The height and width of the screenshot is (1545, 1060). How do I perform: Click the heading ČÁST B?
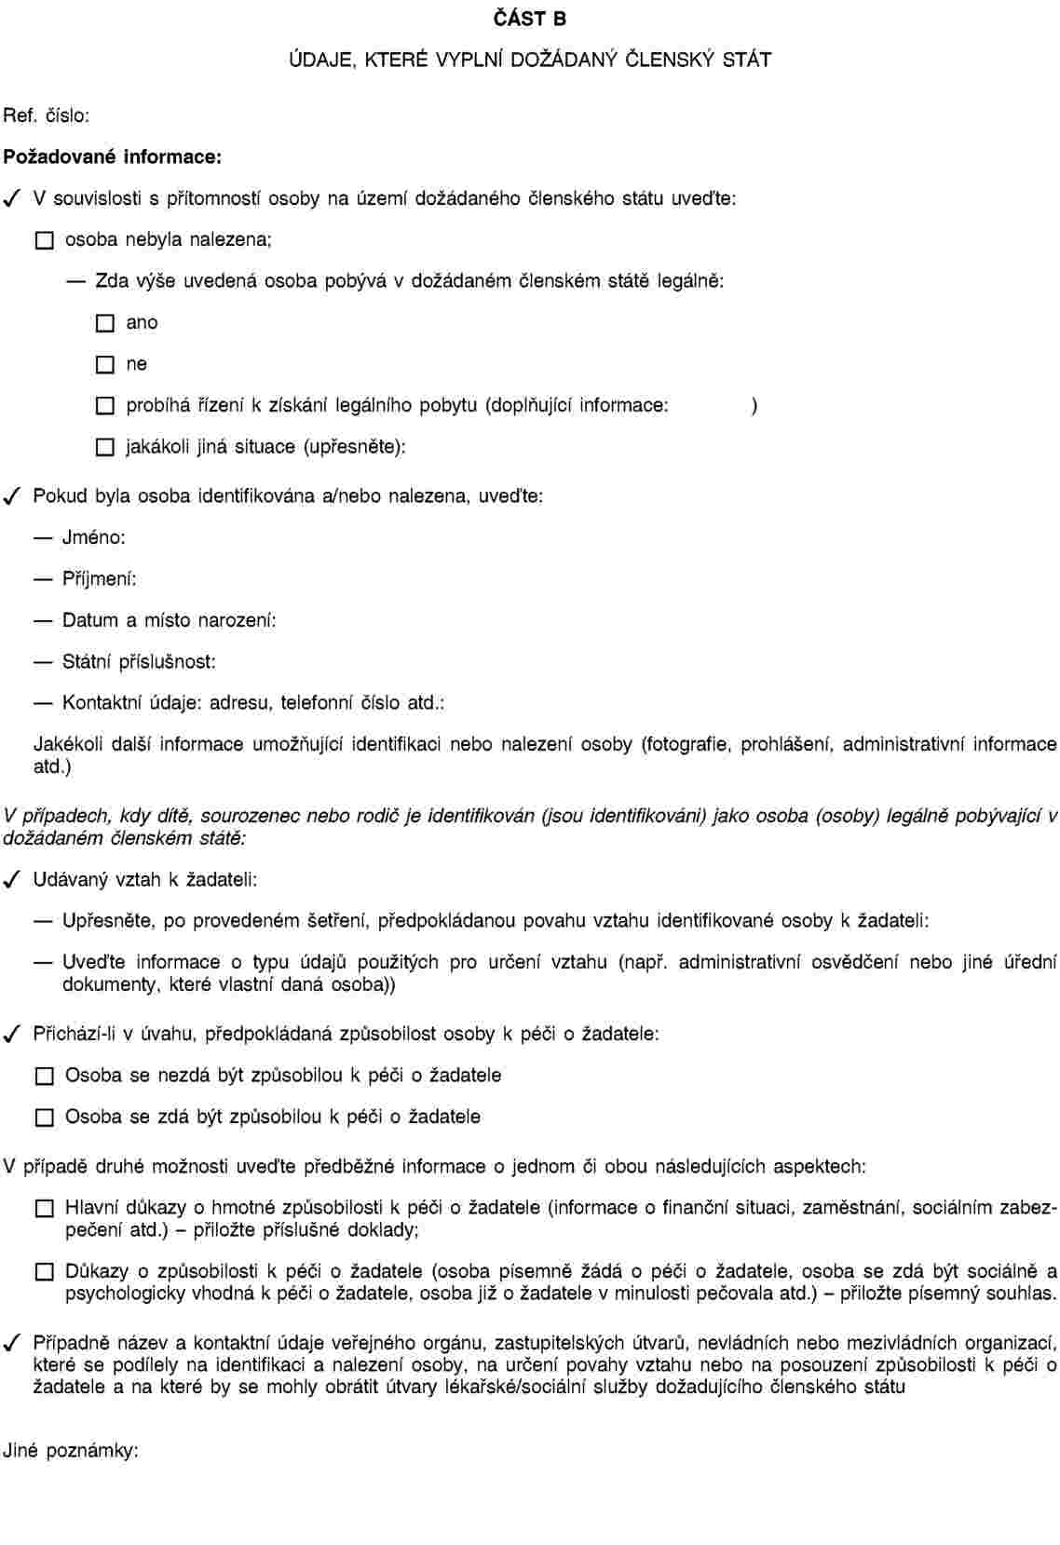coord(529,19)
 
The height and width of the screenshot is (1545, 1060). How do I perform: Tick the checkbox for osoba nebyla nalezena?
coord(45,241)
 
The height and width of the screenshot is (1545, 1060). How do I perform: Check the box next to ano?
coord(105,324)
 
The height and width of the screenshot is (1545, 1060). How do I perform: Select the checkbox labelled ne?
coord(105,365)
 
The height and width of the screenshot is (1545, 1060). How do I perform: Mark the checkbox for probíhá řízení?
coord(105,406)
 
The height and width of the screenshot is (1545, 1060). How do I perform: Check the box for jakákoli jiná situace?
coord(105,448)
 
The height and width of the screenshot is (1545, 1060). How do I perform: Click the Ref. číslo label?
coord(47,116)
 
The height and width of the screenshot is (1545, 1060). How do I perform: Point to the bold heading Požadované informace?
coord(113,156)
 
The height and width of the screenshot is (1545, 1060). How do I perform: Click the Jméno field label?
coord(93,537)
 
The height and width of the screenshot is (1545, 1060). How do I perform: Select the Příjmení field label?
coord(99,579)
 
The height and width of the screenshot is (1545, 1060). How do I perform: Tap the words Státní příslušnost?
coord(139,662)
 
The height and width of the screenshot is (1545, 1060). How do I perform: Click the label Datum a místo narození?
coord(169,620)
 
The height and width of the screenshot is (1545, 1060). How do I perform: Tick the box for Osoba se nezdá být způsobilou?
coord(45,1077)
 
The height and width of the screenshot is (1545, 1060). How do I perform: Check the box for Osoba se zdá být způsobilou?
coord(45,1118)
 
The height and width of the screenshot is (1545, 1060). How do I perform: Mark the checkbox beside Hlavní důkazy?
coord(45,1209)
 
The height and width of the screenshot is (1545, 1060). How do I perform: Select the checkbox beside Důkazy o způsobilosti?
coord(45,1272)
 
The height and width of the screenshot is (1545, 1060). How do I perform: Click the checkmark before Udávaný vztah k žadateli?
coord(12,879)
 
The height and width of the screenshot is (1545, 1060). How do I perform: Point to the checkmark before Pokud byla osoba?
coord(12,496)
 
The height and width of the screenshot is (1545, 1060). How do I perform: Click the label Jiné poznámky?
coord(71,1450)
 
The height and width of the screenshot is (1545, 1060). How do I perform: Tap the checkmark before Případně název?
coord(12,1343)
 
